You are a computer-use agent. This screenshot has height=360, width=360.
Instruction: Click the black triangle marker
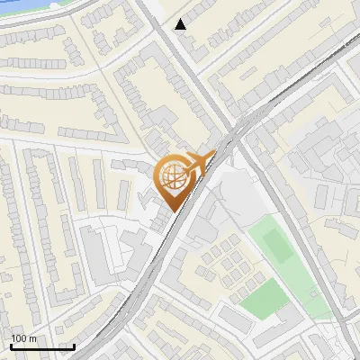tap(181, 24)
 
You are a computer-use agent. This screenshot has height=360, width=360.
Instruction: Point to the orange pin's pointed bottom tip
tap(174, 211)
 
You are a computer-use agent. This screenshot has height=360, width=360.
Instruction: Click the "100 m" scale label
tap(24, 338)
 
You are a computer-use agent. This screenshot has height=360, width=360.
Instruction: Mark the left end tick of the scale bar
tap(12, 345)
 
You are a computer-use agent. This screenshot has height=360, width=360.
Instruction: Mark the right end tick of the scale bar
tap(74, 345)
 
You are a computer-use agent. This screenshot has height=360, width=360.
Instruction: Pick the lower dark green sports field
tap(264, 297)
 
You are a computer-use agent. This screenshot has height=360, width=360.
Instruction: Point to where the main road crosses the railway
tap(236, 130)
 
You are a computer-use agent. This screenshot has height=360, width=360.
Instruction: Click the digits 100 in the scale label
tap(20, 338)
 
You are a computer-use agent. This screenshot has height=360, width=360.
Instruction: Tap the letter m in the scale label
tap(32, 339)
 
